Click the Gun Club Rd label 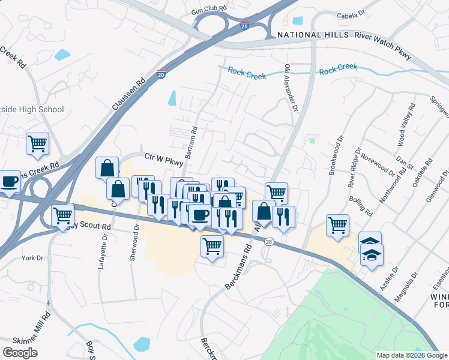(x=209, y=11)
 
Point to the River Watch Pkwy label (x=383, y=46)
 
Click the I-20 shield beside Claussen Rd (x=161, y=74)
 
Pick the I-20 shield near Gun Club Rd (x=244, y=26)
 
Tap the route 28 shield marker (x=268, y=241)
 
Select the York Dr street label (x=33, y=257)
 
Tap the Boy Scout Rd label (x=90, y=227)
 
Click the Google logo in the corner (x=20, y=352)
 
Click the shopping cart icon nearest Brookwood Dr (x=337, y=225)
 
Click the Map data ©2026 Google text (x=412, y=355)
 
